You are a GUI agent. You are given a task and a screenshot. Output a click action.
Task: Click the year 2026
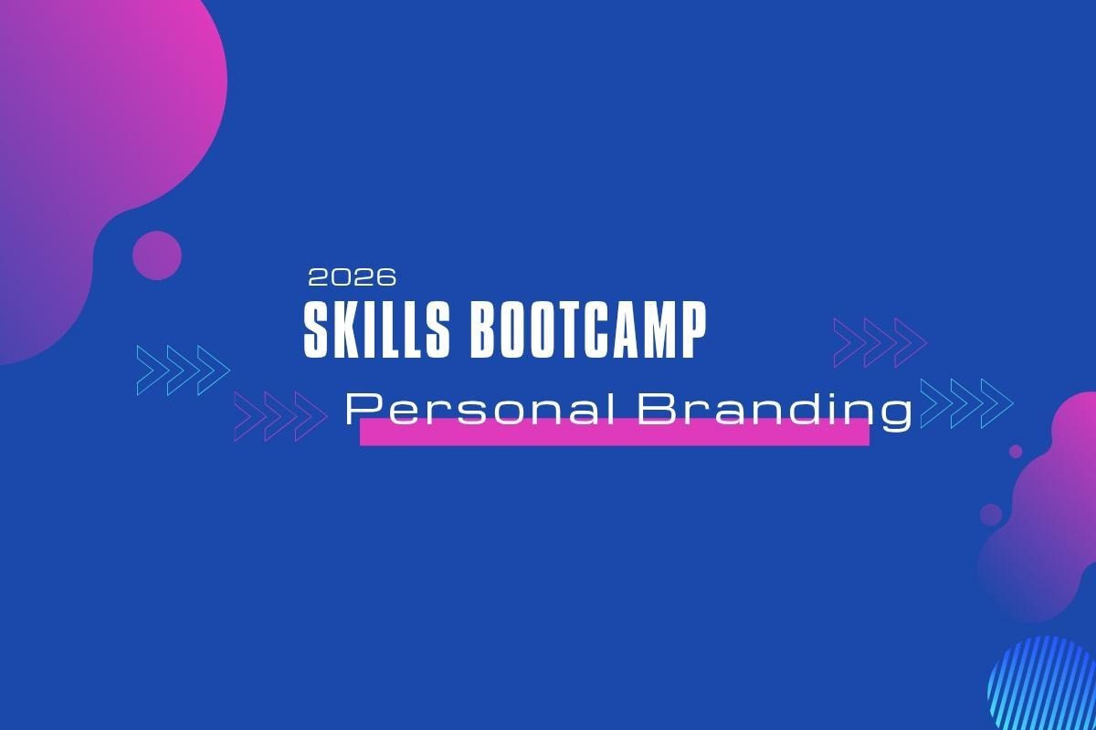[353, 277]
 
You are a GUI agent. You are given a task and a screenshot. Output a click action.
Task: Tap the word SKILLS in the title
[376, 330]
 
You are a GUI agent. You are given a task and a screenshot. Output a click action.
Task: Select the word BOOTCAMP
[588, 330]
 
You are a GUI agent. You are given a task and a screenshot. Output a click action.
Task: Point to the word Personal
[480, 411]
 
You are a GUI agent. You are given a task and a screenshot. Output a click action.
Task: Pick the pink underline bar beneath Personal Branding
[615, 433]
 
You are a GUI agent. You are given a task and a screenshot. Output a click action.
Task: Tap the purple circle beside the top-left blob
[157, 255]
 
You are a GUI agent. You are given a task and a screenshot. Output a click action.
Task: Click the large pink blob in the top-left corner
[98, 162]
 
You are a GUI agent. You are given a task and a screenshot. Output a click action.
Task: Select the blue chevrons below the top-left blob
[184, 370]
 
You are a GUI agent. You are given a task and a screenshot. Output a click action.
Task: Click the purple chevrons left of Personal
[281, 416]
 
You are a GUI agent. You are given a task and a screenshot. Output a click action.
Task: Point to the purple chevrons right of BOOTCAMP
[880, 342]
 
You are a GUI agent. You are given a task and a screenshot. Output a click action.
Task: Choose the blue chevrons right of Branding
[967, 403]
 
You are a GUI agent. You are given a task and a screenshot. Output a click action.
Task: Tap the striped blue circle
[1042, 684]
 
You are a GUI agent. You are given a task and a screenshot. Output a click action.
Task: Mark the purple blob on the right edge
[1047, 508]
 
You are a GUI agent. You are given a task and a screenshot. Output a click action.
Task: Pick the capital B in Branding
[656, 409]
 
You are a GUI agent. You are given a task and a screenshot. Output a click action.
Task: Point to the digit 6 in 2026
[385, 277]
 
